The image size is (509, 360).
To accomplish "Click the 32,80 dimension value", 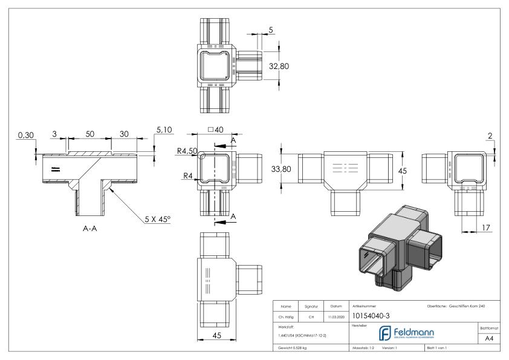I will (279, 67).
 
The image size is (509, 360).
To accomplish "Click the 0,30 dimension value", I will (24, 134).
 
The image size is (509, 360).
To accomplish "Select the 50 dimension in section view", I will (88, 134).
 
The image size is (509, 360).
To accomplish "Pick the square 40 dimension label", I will (215, 129).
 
